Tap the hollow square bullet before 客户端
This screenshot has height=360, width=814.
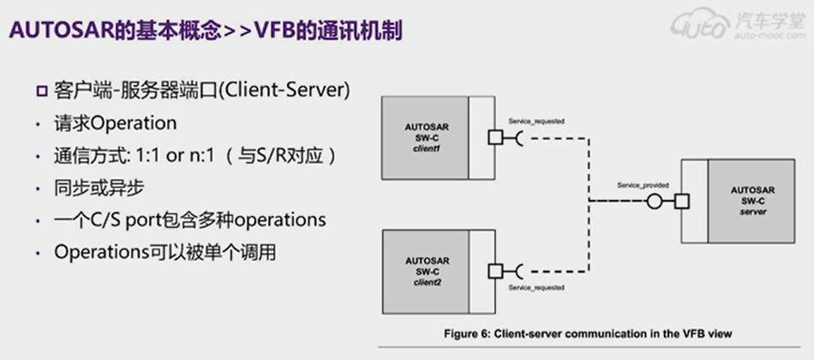point(40,91)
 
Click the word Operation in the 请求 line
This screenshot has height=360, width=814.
point(133,123)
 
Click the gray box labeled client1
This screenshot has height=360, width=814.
point(426,136)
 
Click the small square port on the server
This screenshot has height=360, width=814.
point(682,202)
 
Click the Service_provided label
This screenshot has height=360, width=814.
point(643,185)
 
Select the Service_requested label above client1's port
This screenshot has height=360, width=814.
point(536,122)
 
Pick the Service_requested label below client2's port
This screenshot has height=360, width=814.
point(536,287)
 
